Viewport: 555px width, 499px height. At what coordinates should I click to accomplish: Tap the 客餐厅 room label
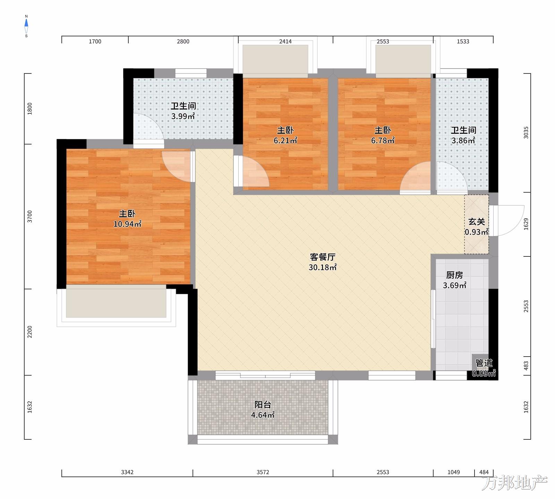(323, 257)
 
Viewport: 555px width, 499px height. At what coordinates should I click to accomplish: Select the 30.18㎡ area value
(323, 267)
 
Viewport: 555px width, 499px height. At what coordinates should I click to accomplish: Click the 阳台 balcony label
(263, 404)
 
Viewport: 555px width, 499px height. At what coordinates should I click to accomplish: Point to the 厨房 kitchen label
(454, 275)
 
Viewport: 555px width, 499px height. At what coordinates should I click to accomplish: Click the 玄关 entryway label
(477, 222)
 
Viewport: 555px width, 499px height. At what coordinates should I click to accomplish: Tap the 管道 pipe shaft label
(484, 363)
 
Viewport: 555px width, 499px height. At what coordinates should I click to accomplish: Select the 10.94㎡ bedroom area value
(127, 224)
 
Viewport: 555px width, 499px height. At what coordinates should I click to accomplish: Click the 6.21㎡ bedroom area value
(285, 140)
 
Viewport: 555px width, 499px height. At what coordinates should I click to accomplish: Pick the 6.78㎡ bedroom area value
(383, 140)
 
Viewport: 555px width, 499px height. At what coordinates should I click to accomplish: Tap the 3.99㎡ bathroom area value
(183, 116)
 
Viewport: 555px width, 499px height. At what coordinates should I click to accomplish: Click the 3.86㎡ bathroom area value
(463, 140)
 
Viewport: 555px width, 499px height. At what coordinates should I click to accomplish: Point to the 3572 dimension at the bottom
(263, 472)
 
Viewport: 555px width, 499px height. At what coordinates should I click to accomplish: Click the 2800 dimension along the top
(183, 42)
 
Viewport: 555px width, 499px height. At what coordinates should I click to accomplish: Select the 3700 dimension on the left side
(30, 216)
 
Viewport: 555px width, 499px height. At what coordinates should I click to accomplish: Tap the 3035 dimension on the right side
(526, 133)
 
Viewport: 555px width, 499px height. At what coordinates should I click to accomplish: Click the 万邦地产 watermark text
(515, 483)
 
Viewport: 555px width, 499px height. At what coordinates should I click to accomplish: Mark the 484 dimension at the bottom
(484, 472)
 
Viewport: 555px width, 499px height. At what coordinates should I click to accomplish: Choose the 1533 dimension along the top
(463, 42)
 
